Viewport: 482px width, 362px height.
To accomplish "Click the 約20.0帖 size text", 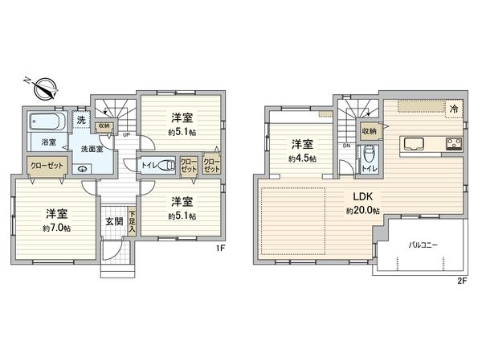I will (x=363, y=211).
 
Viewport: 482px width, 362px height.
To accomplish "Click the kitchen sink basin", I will (x=415, y=144).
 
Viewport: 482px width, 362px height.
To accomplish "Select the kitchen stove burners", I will (x=451, y=145).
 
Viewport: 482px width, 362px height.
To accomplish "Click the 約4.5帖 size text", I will (x=301, y=158).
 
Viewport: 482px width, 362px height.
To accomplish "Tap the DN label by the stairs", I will (x=345, y=146).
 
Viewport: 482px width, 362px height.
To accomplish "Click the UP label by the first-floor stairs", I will (x=126, y=134).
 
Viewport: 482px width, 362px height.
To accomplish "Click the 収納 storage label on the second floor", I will (x=369, y=130).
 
